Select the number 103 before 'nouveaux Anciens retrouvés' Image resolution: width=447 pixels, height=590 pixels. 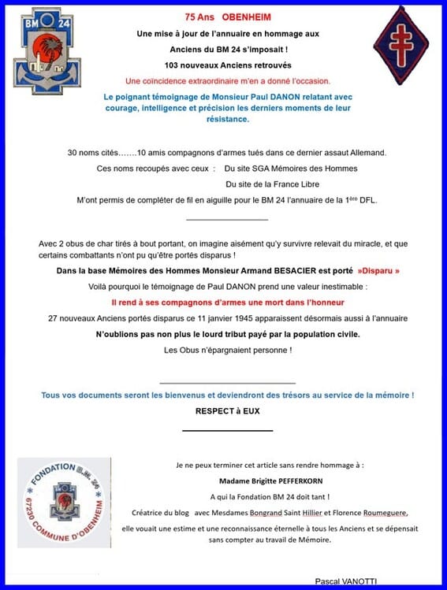[173, 65]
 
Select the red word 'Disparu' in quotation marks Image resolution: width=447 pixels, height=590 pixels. [378, 270]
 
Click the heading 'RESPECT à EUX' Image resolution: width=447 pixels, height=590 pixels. [227, 410]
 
